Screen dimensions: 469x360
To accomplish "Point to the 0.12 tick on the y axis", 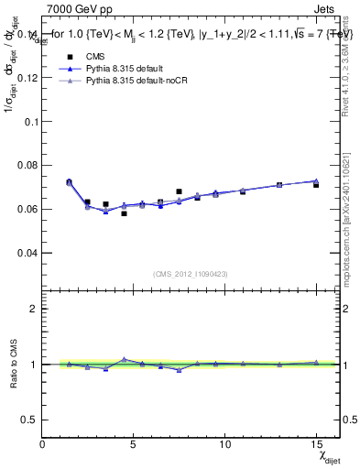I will tap(26, 78).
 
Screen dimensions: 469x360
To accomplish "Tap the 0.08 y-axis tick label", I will tap(26, 165).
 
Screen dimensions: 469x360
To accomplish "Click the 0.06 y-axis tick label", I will tap(26, 209).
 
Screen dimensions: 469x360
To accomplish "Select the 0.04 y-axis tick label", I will tap(26, 252).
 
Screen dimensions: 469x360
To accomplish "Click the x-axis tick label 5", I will tap(134, 444).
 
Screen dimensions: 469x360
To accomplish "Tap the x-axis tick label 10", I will tap(224, 444).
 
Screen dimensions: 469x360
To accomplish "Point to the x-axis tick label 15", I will tap(316, 444).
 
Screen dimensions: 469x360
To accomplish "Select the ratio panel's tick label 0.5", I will tap(28, 420).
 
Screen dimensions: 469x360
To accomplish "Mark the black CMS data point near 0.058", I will tap(124, 213).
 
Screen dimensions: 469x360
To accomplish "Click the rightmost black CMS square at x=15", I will tap(316, 185).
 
